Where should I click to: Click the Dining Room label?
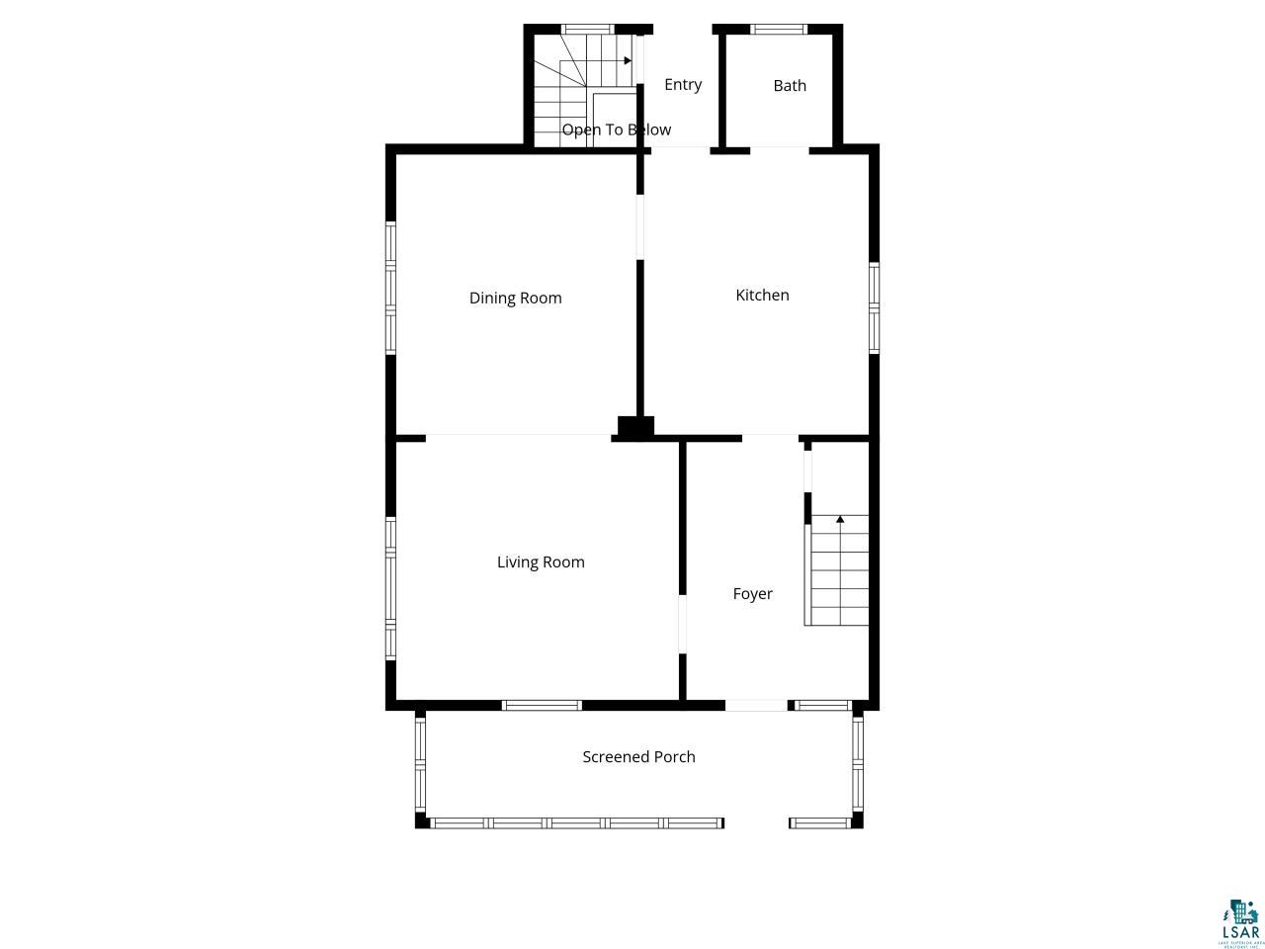tap(515, 298)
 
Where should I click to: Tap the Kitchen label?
tap(762, 295)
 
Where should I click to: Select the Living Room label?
tap(541, 561)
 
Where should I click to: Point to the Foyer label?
tap(752, 593)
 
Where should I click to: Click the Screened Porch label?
tap(638, 756)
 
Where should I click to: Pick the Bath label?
tap(790, 85)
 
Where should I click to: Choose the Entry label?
tap(683, 84)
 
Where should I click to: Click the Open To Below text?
tap(616, 129)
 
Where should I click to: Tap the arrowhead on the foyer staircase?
tap(840, 519)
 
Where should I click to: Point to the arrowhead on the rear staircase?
tap(628, 60)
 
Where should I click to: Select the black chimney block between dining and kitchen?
tap(635, 428)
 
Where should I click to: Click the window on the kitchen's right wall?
tap(875, 306)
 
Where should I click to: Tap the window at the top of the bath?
tap(779, 29)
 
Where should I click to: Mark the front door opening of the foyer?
tap(756, 705)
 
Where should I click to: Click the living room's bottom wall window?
tap(542, 705)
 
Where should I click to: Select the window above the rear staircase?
tap(588, 29)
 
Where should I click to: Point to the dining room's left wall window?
tap(390, 288)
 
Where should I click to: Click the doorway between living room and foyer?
tap(682, 624)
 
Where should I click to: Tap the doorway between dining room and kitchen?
tap(640, 226)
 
